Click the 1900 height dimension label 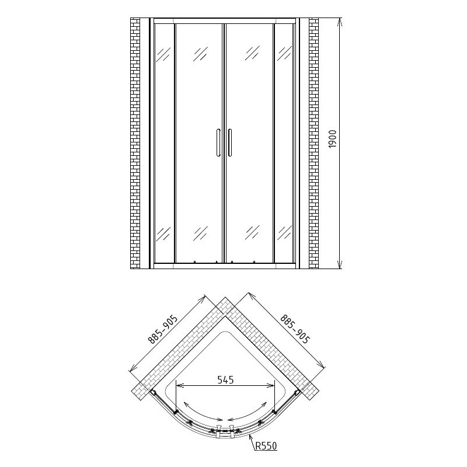coord(332,139)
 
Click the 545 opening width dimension coord(225,380)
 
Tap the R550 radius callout coord(266,446)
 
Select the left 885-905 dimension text coord(163,329)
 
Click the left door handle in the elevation coord(218,142)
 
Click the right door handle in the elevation coord(229,142)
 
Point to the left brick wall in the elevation coord(135,143)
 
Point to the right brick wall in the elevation coord(313,143)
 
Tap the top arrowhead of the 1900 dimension coord(340,22)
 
